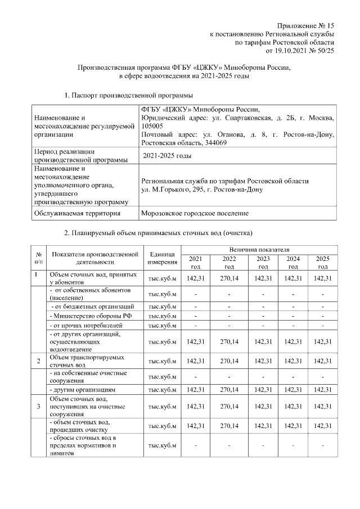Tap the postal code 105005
click(150, 127)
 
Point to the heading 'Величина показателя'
click(258, 249)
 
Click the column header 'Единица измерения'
click(163, 258)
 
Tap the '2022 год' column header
click(229, 262)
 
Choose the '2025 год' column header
click(322, 262)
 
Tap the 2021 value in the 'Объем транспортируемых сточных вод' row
click(195, 361)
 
